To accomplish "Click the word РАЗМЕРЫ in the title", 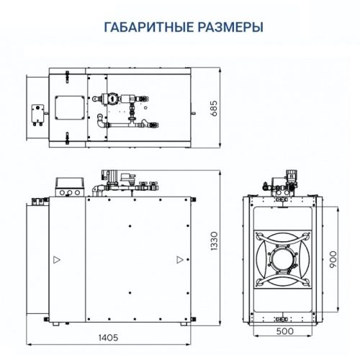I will [227, 28].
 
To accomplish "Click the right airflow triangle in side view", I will [179, 259].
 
